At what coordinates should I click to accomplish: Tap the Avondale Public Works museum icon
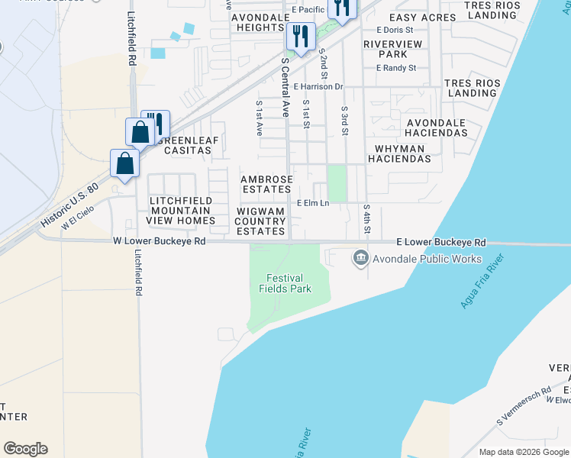360,259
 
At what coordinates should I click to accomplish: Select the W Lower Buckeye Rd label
160,240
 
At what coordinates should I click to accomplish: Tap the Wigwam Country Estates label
260,221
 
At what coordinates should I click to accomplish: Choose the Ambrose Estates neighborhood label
266,184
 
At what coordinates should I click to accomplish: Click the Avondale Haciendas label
437,127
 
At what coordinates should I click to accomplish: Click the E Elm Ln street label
312,203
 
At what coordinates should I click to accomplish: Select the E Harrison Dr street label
318,87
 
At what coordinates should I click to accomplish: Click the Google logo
25,449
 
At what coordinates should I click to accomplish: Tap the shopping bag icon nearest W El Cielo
124,164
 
